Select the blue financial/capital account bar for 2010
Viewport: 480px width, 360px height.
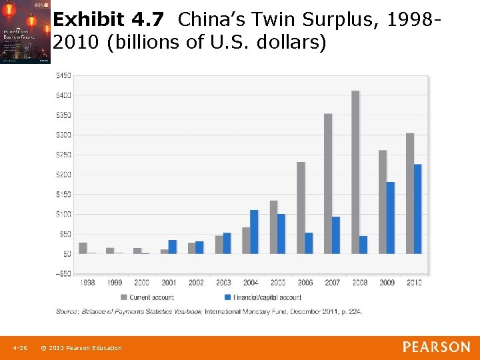click(418, 209)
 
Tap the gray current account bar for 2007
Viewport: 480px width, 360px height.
click(328, 183)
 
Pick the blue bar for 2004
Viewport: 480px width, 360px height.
click(254, 231)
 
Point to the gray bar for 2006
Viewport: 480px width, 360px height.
click(301, 207)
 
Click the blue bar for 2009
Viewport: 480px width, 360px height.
click(391, 217)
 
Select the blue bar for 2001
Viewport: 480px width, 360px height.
click(172, 247)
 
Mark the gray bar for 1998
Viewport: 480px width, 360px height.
click(83, 248)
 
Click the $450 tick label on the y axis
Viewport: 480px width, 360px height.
click(63, 75)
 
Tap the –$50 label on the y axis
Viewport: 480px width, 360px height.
click(63, 273)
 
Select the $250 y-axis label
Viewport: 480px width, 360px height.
click(63, 155)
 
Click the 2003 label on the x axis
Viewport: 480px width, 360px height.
click(223, 283)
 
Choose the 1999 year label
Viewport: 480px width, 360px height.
click(114, 283)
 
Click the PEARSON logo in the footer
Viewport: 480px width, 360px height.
click(436, 347)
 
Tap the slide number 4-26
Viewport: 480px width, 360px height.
click(20, 348)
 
